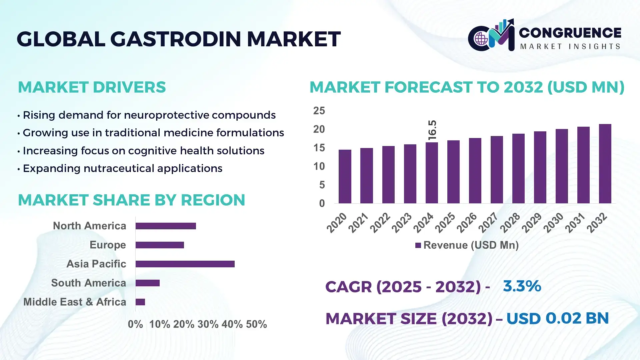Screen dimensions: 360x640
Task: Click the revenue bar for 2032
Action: (x=605, y=164)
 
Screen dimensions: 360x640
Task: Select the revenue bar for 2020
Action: (x=345, y=176)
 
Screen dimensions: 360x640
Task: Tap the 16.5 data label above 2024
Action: (x=432, y=130)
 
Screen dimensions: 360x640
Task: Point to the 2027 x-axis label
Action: (x=488, y=222)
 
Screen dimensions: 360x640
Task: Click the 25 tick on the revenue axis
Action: (x=319, y=111)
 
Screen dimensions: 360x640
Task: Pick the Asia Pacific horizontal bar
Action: (x=185, y=264)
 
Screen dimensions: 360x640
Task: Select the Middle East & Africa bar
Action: (x=140, y=302)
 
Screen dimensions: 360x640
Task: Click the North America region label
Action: (x=89, y=226)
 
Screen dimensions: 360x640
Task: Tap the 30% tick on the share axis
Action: (x=208, y=324)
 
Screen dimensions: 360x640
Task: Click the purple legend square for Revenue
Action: (x=418, y=245)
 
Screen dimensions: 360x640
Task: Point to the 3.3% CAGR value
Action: (x=522, y=286)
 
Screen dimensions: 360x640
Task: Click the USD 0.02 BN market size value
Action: (x=557, y=318)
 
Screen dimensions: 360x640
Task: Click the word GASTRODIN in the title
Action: (x=175, y=39)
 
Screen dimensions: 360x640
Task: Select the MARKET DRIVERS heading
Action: (x=92, y=87)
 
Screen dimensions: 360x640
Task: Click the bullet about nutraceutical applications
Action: (x=122, y=168)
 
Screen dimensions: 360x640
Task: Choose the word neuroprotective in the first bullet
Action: (x=167, y=115)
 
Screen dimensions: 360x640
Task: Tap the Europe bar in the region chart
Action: (x=160, y=245)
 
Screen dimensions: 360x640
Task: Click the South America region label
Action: (x=88, y=283)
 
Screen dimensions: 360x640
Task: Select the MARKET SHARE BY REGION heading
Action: (x=131, y=200)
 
